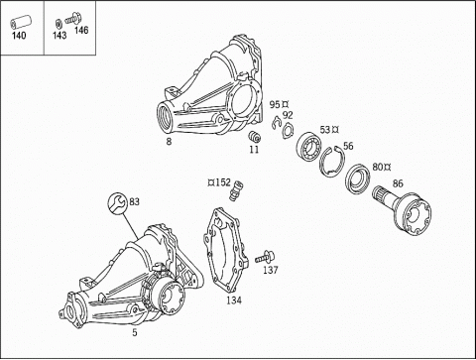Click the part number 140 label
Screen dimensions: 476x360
coord(19,36)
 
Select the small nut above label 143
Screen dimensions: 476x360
coord(58,24)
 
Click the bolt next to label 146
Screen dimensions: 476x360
coord(71,18)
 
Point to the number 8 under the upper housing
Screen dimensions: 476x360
coord(169,142)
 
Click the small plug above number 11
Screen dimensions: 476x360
coord(254,136)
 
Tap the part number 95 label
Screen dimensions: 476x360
coord(275,105)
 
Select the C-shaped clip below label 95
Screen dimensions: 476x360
coord(276,123)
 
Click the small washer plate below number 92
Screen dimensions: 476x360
coord(287,130)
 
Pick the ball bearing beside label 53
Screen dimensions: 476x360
coord(309,146)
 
